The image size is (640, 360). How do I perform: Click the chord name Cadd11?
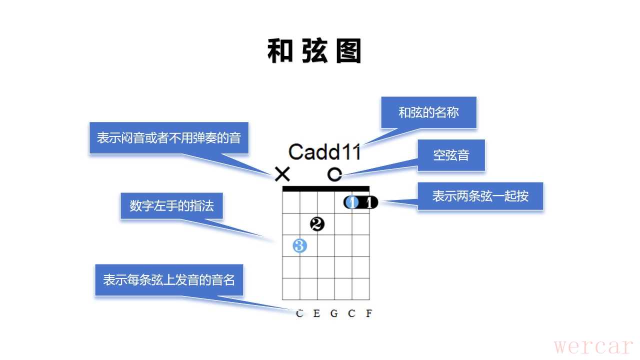[324, 152]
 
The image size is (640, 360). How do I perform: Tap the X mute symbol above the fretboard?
[282, 174]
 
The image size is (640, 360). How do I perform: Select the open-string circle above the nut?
[334, 174]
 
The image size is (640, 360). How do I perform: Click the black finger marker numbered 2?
[317, 224]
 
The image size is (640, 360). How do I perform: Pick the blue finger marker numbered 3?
[299, 246]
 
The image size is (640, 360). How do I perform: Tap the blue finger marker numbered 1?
[352, 202]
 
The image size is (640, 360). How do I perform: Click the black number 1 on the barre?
[369, 202]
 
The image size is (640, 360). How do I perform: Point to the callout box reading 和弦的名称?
[428, 112]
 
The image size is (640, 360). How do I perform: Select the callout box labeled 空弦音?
[451, 155]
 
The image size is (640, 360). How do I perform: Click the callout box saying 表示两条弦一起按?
[480, 195]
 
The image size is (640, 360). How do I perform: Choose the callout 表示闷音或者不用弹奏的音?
[169, 138]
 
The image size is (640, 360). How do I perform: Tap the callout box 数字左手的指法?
[171, 206]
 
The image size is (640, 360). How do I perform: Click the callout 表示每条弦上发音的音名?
[169, 280]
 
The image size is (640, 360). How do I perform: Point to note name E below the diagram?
[316, 313]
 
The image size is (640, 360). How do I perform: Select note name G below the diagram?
[334, 313]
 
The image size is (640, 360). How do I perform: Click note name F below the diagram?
[369, 313]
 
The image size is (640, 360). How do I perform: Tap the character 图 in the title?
[348, 51]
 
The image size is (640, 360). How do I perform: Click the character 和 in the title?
[280, 51]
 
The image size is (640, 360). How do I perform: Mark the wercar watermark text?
[594, 345]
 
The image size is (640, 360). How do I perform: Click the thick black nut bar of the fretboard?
[326, 188]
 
